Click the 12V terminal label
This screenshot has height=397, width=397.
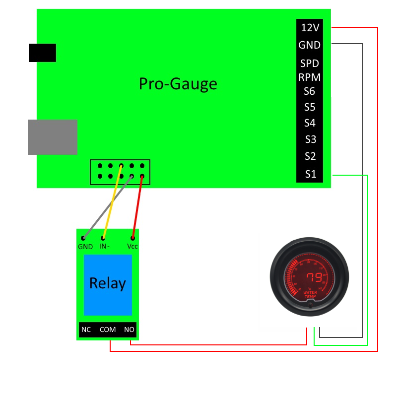310,28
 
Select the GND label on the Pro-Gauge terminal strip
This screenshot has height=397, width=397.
309,45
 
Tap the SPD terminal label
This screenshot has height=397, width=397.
309,64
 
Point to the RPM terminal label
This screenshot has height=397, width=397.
309,77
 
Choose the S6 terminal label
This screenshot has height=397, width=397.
310,91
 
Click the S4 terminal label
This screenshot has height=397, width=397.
310,123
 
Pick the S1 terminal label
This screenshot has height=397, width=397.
310,174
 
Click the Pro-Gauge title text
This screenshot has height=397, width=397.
178,83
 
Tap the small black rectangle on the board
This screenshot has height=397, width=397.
42,53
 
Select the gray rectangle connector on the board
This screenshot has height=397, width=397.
53,137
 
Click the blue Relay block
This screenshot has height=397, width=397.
108,284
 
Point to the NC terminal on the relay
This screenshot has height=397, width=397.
86,330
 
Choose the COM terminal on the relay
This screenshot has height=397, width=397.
108,330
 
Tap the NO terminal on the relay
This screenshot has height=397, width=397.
129,330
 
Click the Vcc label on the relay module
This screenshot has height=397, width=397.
132,247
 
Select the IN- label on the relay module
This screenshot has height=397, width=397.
105,247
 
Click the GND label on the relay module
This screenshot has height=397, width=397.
85,247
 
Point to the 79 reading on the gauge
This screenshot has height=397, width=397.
313,277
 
